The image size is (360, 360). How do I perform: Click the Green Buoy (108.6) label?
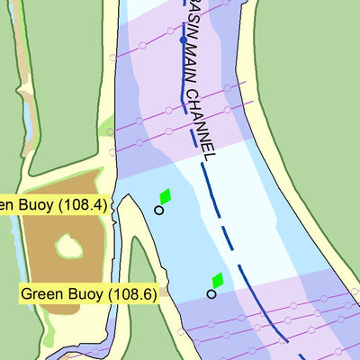coord(88,293)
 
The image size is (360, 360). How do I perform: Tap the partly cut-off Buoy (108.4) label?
coord(54,204)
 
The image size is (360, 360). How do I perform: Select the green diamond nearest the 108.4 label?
coord(165,196)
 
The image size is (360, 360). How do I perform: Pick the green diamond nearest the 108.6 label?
coord(217,280)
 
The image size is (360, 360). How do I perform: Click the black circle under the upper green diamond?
coord(159,211)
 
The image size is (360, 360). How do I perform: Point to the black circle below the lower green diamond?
coord(211,293)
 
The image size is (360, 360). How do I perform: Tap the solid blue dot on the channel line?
coord(183,40)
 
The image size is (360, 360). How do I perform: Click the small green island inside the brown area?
coord(67,246)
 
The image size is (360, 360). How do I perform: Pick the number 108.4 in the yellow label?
coord(83,204)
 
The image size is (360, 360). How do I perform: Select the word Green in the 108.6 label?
coord(40,293)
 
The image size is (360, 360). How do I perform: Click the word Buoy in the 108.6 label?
coord(83,293)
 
